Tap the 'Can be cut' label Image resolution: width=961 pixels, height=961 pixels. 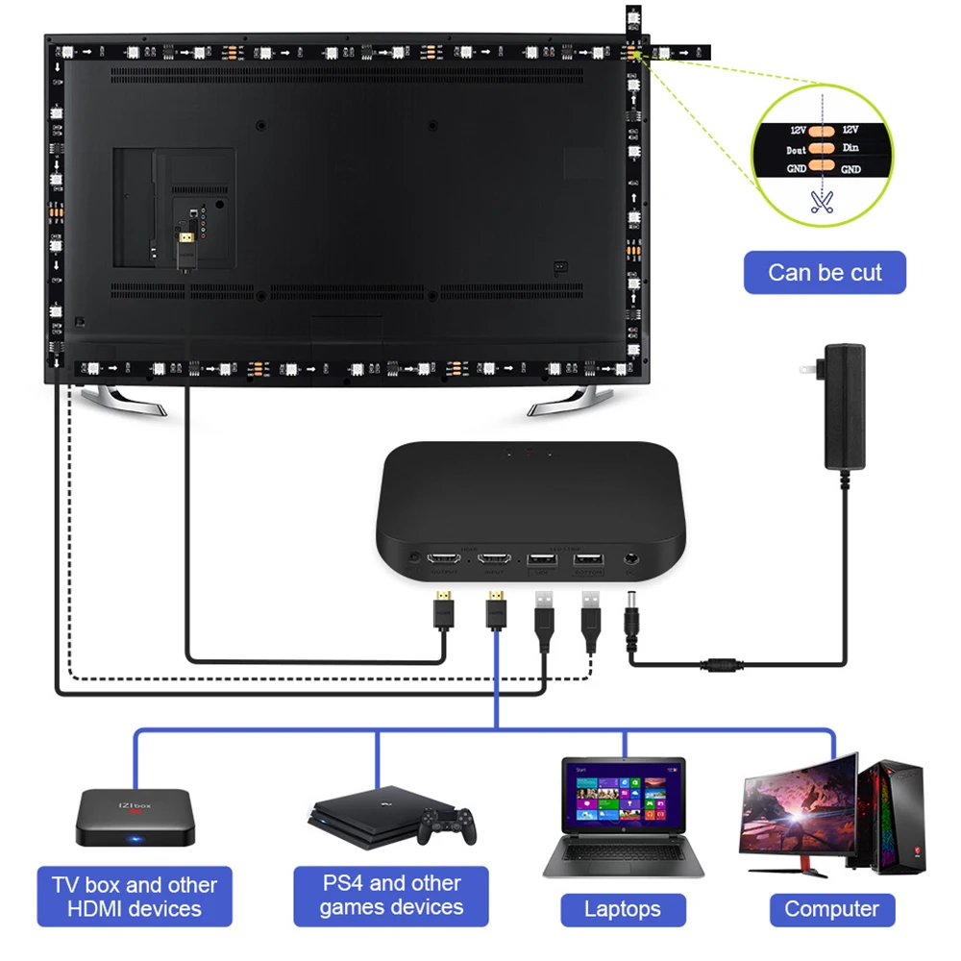(x=825, y=273)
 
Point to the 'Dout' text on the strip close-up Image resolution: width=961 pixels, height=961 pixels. (x=797, y=150)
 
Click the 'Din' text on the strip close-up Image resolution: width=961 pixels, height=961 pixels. (x=850, y=147)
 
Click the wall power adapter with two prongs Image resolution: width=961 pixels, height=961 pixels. (x=843, y=406)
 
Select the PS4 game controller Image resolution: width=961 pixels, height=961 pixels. (x=449, y=824)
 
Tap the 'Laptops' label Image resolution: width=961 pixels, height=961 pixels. (x=623, y=909)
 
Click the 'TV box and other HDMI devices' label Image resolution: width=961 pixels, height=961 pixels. (x=135, y=896)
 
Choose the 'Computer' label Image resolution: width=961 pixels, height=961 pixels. (x=831, y=909)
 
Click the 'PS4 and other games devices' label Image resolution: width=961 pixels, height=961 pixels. (x=391, y=895)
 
